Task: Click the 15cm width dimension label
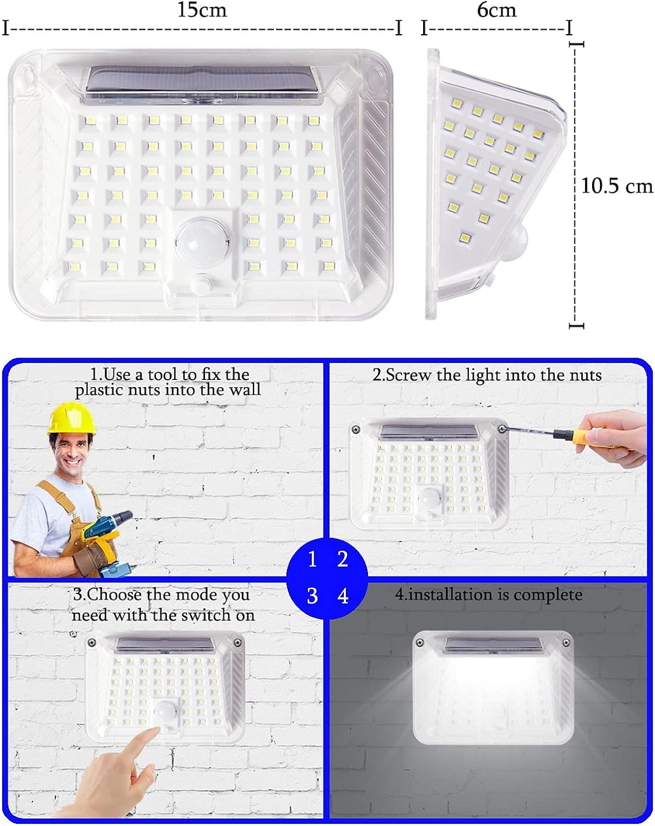coord(202,10)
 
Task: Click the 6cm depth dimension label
coord(496,10)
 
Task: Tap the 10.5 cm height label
coord(617,186)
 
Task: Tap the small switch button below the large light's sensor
coord(202,283)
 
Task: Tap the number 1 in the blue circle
coord(312,559)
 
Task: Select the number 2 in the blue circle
coord(343,559)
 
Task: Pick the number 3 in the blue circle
coord(312,596)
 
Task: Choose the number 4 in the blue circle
coord(343,596)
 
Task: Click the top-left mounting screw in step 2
coord(356,429)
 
